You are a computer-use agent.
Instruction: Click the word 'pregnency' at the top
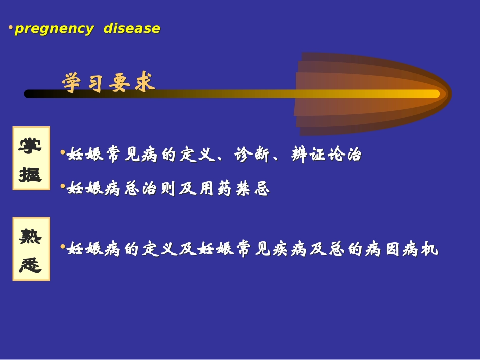pyautogui.click(x=54, y=29)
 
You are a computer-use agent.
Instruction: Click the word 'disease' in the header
pyautogui.click(x=131, y=29)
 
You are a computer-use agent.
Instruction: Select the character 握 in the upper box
pyautogui.click(x=30, y=174)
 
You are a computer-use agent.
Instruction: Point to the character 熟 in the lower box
pyautogui.click(x=30, y=235)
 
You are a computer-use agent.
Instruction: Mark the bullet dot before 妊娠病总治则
pyautogui.click(x=63, y=186)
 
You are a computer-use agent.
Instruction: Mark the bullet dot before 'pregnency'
pyautogui.click(x=11, y=27)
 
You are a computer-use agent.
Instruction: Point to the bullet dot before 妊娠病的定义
pyautogui.click(x=63, y=247)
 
